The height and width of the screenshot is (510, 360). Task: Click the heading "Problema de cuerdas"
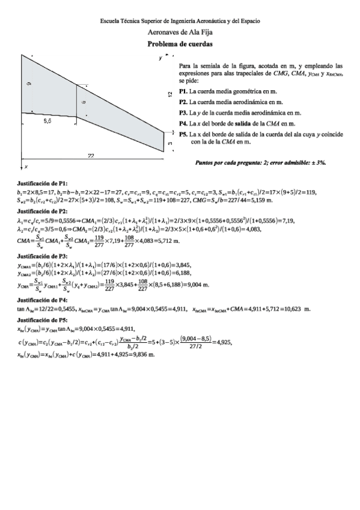coord(180,45)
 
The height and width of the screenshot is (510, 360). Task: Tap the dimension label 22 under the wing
coord(90,156)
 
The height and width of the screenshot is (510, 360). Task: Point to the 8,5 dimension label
coord(47,121)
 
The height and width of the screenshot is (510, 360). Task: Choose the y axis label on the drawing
coord(160,58)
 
